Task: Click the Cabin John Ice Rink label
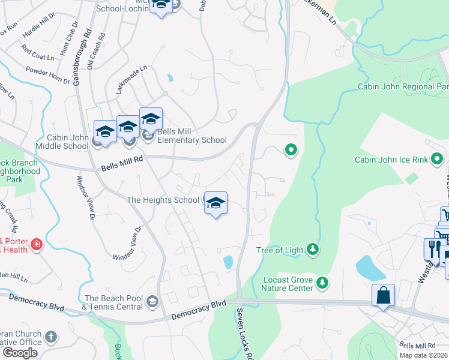point(391,160)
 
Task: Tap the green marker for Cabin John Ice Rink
point(437,160)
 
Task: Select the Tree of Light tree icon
point(312,248)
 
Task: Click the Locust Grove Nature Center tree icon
point(323,282)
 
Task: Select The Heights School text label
point(162,200)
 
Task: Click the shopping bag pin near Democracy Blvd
point(383,295)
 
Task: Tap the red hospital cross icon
point(37,244)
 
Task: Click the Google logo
point(20,353)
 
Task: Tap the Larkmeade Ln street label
point(131,81)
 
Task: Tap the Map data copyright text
point(423,355)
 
